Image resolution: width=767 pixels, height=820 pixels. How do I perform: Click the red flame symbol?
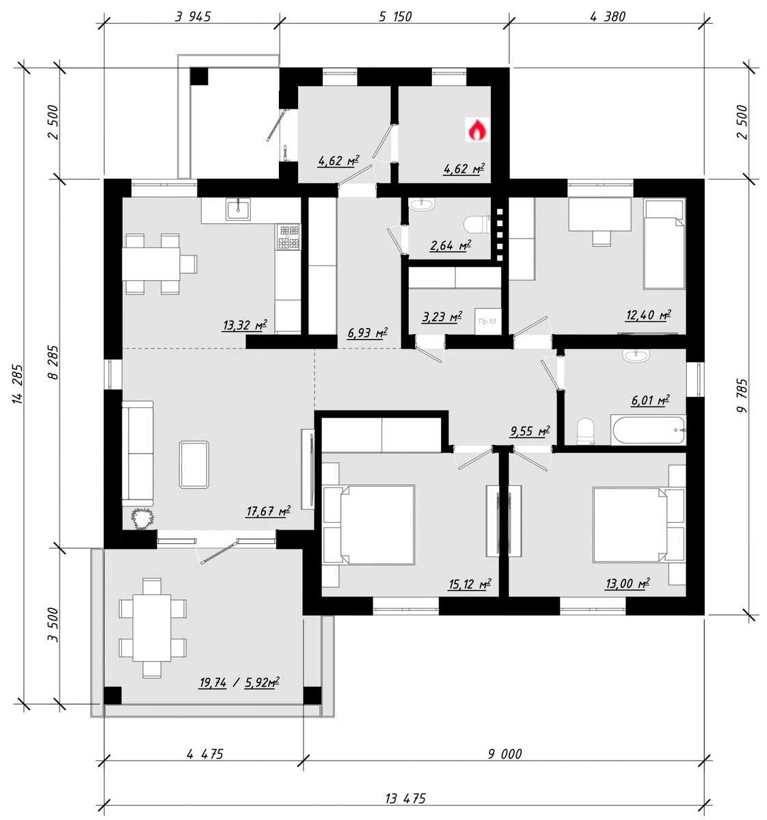click(x=477, y=129)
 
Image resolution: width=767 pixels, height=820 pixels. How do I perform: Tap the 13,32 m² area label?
click(x=245, y=325)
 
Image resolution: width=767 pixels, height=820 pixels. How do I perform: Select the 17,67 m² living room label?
click(x=268, y=511)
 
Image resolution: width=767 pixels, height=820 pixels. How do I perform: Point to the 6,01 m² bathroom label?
click(x=650, y=400)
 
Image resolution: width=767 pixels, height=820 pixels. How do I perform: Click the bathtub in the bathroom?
click(x=648, y=430)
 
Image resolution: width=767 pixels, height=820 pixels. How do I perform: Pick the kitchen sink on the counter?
click(x=238, y=209)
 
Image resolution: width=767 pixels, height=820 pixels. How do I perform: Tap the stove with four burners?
click(x=289, y=236)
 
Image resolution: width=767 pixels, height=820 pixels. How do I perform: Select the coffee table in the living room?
click(x=194, y=465)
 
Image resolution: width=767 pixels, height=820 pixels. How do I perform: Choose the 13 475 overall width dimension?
click(x=405, y=798)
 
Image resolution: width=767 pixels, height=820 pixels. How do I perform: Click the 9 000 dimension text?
click(x=504, y=754)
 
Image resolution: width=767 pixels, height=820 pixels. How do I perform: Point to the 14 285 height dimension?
click(x=17, y=383)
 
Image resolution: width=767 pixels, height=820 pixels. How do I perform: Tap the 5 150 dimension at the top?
click(x=396, y=16)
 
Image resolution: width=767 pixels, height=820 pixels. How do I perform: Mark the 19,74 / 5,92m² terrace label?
click(x=239, y=683)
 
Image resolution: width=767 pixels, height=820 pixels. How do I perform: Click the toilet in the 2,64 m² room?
click(x=476, y=225)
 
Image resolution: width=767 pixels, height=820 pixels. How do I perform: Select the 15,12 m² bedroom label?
click(x=470, y=584)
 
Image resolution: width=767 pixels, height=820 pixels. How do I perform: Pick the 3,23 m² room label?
click(x=442, y=316)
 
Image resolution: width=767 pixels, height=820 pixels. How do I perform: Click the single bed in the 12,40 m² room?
click(x=664, y=244)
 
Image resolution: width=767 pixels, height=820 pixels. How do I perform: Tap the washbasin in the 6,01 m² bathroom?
click(x=636, y=355)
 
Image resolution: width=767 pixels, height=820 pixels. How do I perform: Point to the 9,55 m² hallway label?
click(x=530, y=431)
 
